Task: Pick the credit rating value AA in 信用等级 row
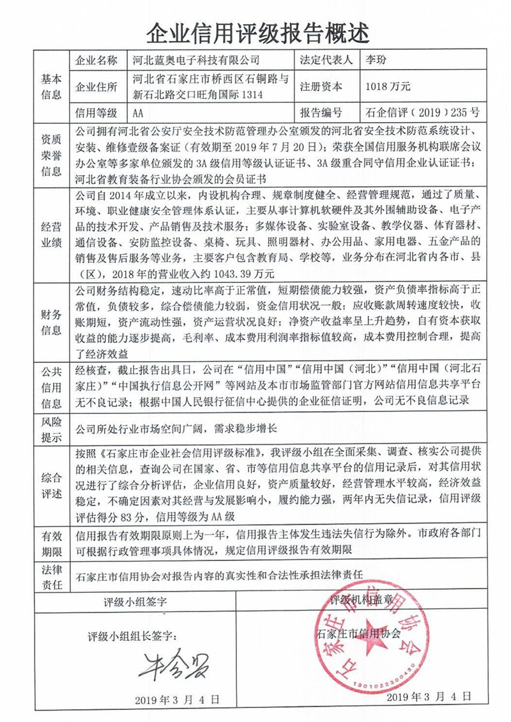(137, 113)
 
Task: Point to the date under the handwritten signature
(178, 699)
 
